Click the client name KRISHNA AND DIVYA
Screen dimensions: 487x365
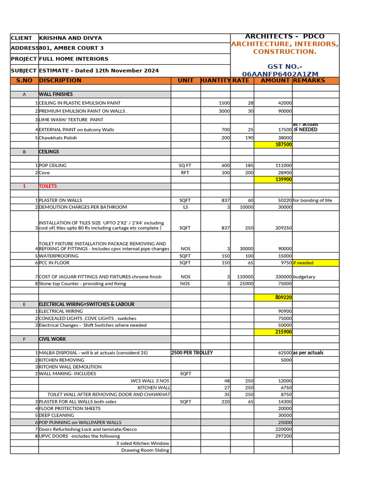(x=70, y=38)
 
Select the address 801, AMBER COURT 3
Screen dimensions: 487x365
(x=71, y=48)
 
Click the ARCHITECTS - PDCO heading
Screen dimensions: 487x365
(x=285, y=37)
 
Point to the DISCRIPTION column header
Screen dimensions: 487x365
(x=60, y=81)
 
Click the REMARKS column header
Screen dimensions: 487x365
(x=309, y=81)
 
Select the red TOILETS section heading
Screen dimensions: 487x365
(x=48, y=186)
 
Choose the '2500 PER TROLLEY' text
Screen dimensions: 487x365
(x=192, y=353)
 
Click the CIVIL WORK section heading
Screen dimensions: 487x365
(x=52, y=340)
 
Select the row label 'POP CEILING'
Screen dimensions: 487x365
(x=53, y=166)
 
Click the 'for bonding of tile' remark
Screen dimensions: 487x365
(x=313, y=201)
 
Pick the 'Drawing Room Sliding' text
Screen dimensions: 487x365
(x=145, y=450)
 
